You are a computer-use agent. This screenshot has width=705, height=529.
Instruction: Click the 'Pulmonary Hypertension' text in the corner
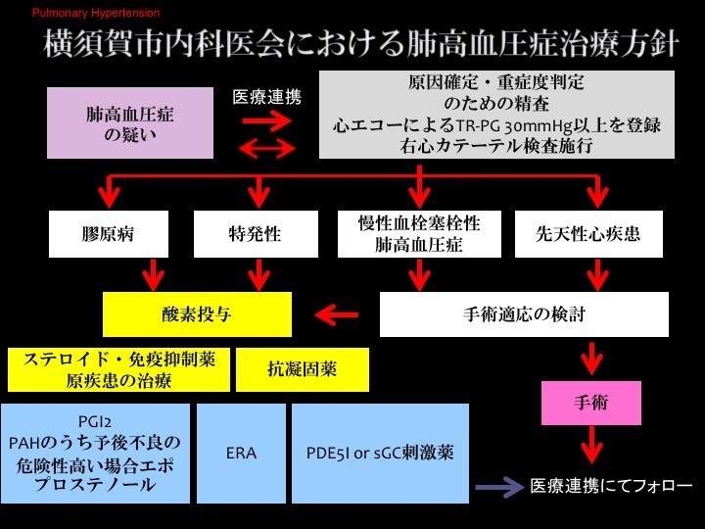(x=96, y=14)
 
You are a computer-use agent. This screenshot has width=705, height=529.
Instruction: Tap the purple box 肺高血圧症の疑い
(x=130, y=122)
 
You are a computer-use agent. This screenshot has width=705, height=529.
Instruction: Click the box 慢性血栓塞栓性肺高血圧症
(x=420, y=233)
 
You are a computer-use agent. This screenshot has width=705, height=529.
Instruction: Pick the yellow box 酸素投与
(x=198, y=314)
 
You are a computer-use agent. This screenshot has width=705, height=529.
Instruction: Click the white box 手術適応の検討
(x=524, y=314)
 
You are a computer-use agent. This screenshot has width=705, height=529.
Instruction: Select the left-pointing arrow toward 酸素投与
(x=337, y=314)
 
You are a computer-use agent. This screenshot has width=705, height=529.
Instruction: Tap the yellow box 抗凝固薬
(x=302, y=369)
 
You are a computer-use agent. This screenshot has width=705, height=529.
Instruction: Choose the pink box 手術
(x=590, y=403)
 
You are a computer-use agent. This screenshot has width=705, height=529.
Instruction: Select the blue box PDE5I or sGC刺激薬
(x=378, y=454)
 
